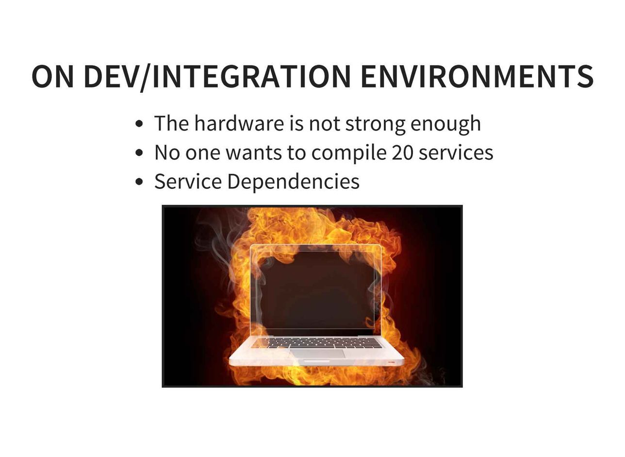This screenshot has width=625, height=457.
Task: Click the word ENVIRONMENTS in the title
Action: tap(477, 76)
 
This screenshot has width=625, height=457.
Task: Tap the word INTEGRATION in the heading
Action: tap(251, 76)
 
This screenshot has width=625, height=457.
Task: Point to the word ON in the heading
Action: tap(53, 76)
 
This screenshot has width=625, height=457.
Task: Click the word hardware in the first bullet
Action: tap(239, 123)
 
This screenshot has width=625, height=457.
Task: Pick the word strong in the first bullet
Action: tap(375, 124)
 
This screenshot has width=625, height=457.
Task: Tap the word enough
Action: tap(446, 124)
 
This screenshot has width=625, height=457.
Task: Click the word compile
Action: tap(349, 153)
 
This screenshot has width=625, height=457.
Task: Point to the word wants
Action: tap(254, 153)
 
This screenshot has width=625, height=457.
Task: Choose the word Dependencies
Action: tap(294, 183)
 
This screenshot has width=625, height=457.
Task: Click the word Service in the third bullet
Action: tap(188, 182)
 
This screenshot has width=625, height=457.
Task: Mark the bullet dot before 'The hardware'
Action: tap(139, 124)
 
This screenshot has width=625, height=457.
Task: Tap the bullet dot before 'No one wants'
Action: tap(139, 152)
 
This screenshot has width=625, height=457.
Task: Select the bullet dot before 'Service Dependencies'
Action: tap(139, 182)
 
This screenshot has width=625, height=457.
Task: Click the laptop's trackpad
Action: tap(318, 354)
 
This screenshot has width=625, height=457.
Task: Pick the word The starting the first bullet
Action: tap(172, 123)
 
